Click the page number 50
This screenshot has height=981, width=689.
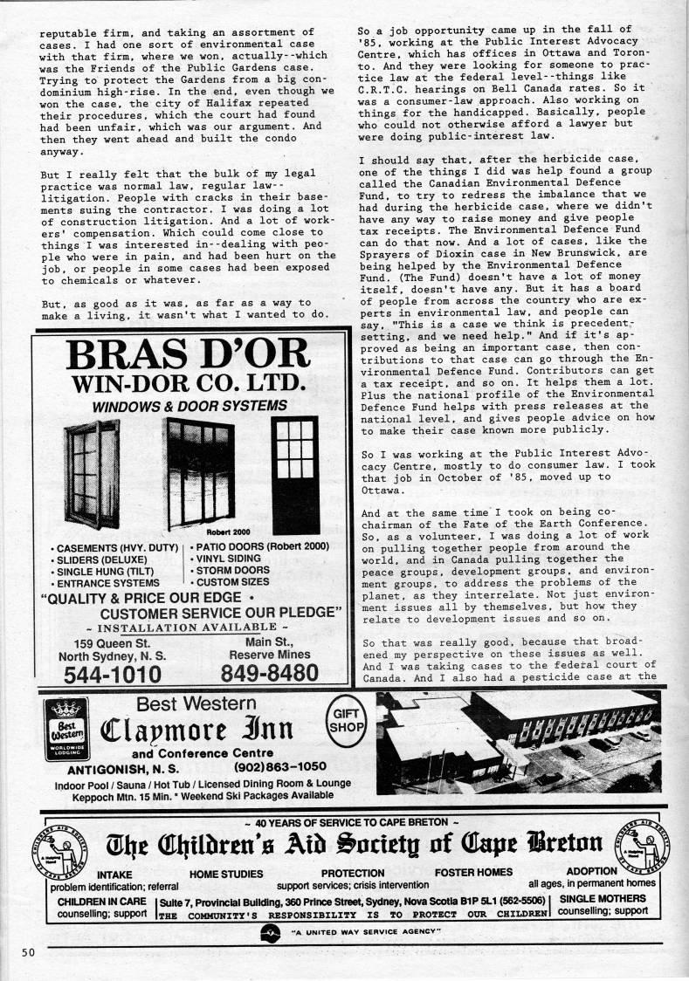[x=27, y=951]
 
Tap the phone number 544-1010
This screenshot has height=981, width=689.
[x=112, y=674]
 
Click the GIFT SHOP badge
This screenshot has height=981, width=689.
[x=347, y=720]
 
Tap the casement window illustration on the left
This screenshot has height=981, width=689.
[x=92, y=473]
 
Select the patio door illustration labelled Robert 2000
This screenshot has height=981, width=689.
[x=200, y=473]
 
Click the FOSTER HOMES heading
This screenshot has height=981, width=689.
[x=473, y=872]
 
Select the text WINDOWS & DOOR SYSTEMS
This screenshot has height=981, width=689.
[x=190, y=406]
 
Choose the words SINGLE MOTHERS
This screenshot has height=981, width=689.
[x=602, y=900]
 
